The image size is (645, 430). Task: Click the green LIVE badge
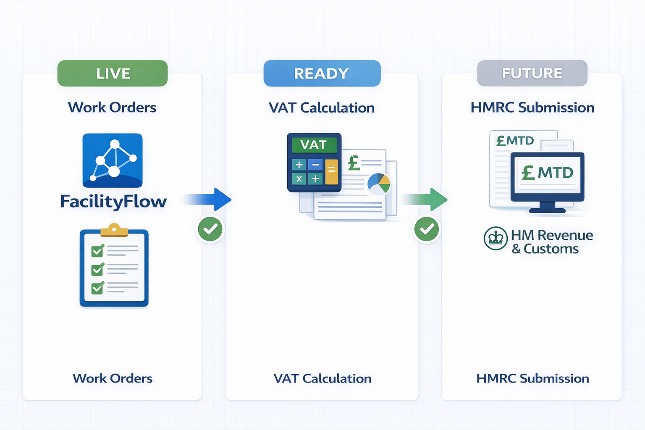(113, 73)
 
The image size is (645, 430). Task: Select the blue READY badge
(322, 73)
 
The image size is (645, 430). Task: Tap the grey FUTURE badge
(532, 73)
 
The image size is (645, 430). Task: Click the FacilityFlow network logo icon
(113, 160)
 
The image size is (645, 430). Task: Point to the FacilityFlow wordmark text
(113, 202)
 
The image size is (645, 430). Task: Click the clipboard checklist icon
(114, 268)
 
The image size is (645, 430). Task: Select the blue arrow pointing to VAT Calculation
(210, 199)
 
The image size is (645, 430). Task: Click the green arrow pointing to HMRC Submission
(426, 199)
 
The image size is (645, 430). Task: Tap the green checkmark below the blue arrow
(210, 229)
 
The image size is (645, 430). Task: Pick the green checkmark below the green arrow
(427, 229)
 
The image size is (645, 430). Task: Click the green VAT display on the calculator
(314, 145)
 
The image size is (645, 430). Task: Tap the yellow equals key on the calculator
(331, 171)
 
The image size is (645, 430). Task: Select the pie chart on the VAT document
(379, 184)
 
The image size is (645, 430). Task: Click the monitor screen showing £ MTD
(547, 173)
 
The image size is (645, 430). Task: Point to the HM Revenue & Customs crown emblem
(496, 239)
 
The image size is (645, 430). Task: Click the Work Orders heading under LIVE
(112, 107)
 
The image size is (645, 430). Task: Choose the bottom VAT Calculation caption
(322, 378)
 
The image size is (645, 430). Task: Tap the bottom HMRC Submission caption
(532, 378)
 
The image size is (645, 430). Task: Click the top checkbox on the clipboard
(97, 251)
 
